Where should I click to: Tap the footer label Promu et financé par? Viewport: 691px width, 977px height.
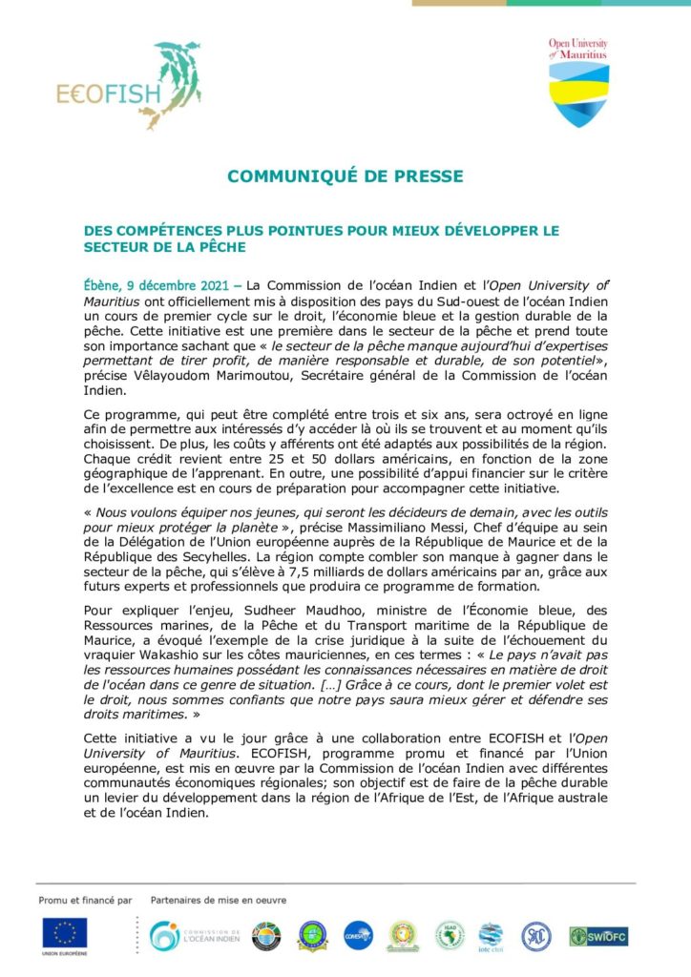tap(85, 900)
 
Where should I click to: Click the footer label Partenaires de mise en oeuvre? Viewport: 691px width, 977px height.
tap(219, 900)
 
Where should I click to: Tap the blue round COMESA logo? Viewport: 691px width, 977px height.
tap(358, 935)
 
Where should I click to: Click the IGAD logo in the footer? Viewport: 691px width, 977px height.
tap(450, 935)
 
